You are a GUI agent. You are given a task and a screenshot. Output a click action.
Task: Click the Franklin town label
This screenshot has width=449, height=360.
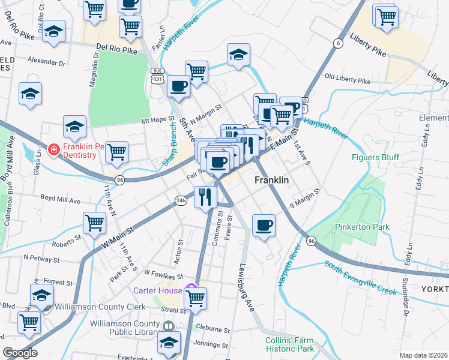click(x=272, y=180)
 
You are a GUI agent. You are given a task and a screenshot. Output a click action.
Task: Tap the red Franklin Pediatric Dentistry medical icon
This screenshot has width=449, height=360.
click(x=53, y=149)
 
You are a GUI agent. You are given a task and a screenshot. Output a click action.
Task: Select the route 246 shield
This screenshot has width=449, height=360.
click(x=181, y=200)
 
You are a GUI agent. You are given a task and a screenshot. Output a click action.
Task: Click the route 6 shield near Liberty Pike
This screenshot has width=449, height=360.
click(x=339, y=43)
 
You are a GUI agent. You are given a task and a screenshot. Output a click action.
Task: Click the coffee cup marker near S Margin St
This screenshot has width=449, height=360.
click(x=264, y=226)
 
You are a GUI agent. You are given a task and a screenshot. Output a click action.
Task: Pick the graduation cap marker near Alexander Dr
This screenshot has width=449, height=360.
click(x=30, y=94)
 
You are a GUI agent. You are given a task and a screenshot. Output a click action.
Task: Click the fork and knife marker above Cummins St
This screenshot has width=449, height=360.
click(x=206, y=196)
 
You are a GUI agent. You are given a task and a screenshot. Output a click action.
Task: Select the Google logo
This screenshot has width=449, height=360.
click(x=20, y=353)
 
